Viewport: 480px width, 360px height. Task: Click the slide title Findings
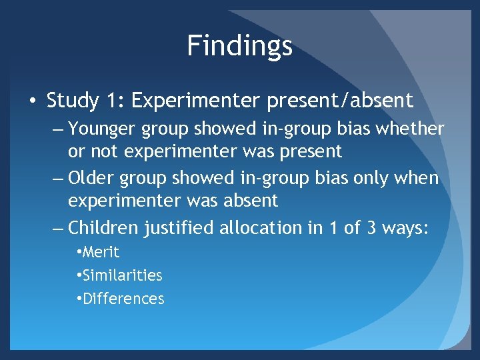[239, 46]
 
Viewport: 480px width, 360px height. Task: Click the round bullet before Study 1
[33, 101]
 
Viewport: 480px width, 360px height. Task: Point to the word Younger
[101, 129]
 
